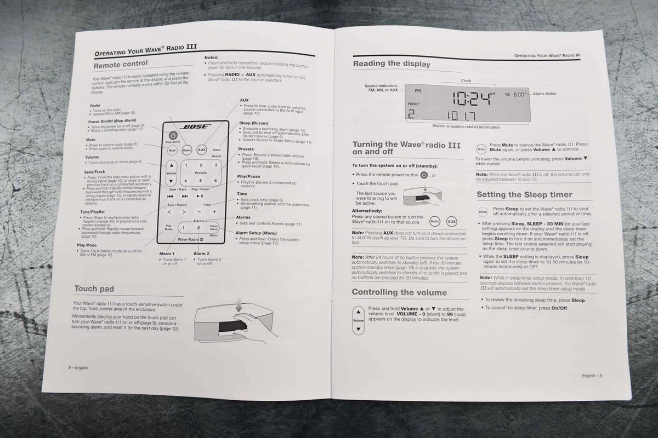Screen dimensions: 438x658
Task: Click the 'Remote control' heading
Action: (x=120, y=65)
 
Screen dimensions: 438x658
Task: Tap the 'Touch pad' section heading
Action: (x=94, y=289)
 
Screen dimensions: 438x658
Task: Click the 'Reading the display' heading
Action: (x=392, y=64)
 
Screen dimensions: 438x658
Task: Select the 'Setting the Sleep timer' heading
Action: (x=524, y=194)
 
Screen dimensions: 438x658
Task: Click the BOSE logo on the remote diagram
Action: (x=196, y=127)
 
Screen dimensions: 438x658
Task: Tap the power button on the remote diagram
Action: (x=172, y=135)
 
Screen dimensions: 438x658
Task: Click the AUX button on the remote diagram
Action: (x=201, y=149)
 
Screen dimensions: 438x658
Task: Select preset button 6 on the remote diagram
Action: (x=216, y=180)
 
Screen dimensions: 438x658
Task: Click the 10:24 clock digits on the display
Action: (x=472, y=98)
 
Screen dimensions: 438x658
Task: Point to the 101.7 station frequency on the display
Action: (x=462, y=116)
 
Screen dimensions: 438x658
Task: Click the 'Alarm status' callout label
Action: (x=544, y=94)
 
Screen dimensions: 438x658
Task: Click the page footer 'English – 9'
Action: (x=592, y=376)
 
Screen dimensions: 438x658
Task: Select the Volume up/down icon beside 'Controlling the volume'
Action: (x=358, y=320)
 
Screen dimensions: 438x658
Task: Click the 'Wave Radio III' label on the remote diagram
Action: (x=191, y=240)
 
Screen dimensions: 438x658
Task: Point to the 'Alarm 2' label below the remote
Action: (x=201, y=253)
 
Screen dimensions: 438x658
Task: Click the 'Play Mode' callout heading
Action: (x=87, y=245)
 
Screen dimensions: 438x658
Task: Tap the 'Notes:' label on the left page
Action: (x=211, y=57)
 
